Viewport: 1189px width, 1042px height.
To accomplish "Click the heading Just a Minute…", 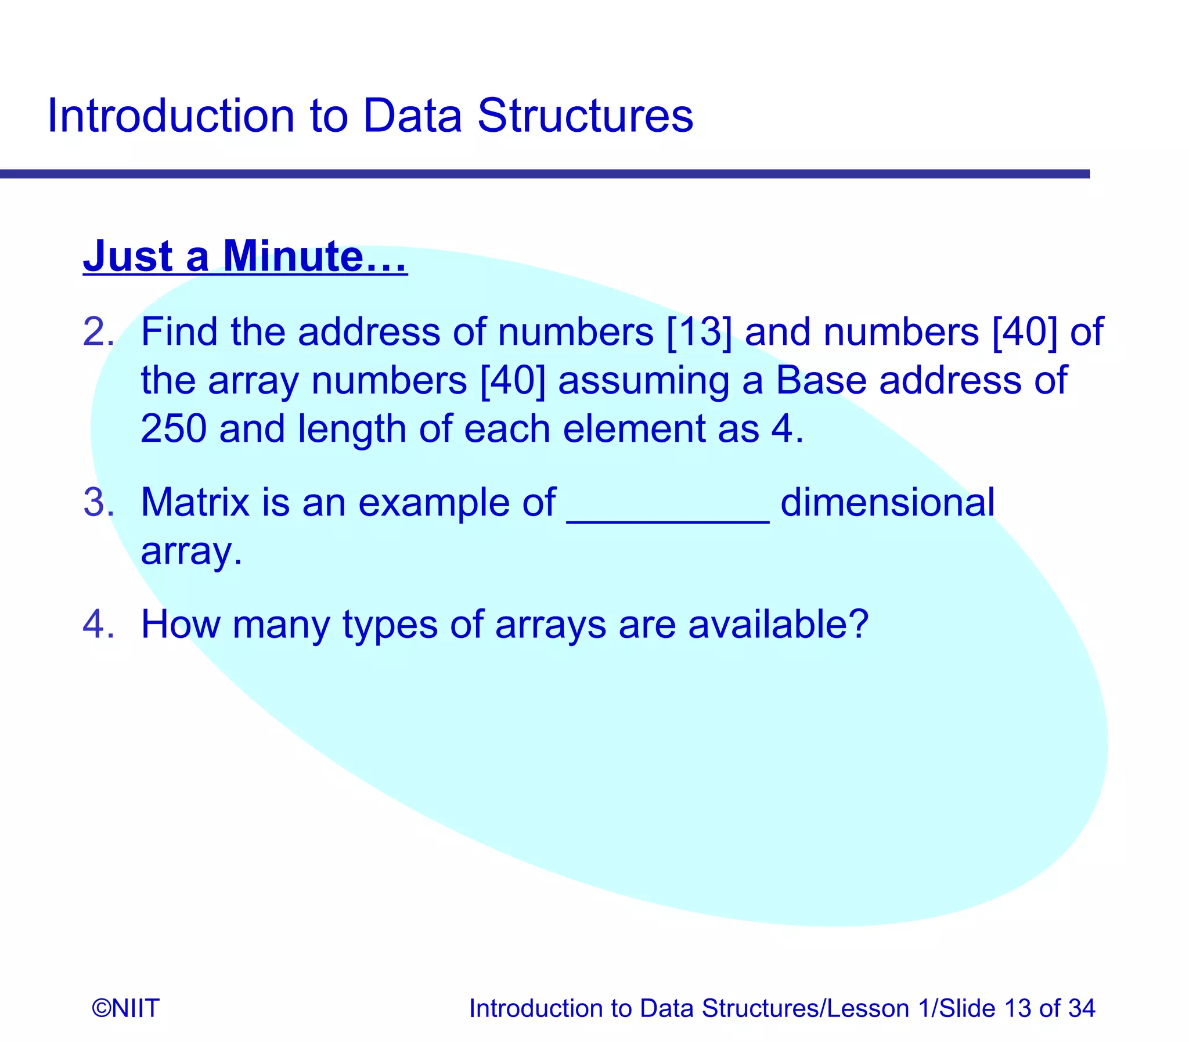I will click(245, 257).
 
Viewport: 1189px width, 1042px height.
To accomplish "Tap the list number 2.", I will click(98, 333).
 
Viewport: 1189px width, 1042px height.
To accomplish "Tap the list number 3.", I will click(98, 502).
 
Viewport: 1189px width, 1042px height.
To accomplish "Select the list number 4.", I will click(98, 625).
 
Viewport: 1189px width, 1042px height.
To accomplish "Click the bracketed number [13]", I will click(700, 333).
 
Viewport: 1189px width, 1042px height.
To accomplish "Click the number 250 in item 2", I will click(173, 429).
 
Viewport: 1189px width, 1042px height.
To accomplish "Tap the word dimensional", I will click(887, 502).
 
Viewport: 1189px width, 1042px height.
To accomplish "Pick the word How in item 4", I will click(180, 625).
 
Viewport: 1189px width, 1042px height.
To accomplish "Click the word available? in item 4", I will click(778, 625).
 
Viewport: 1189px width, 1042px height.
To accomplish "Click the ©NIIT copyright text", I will click(125, 1008).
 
